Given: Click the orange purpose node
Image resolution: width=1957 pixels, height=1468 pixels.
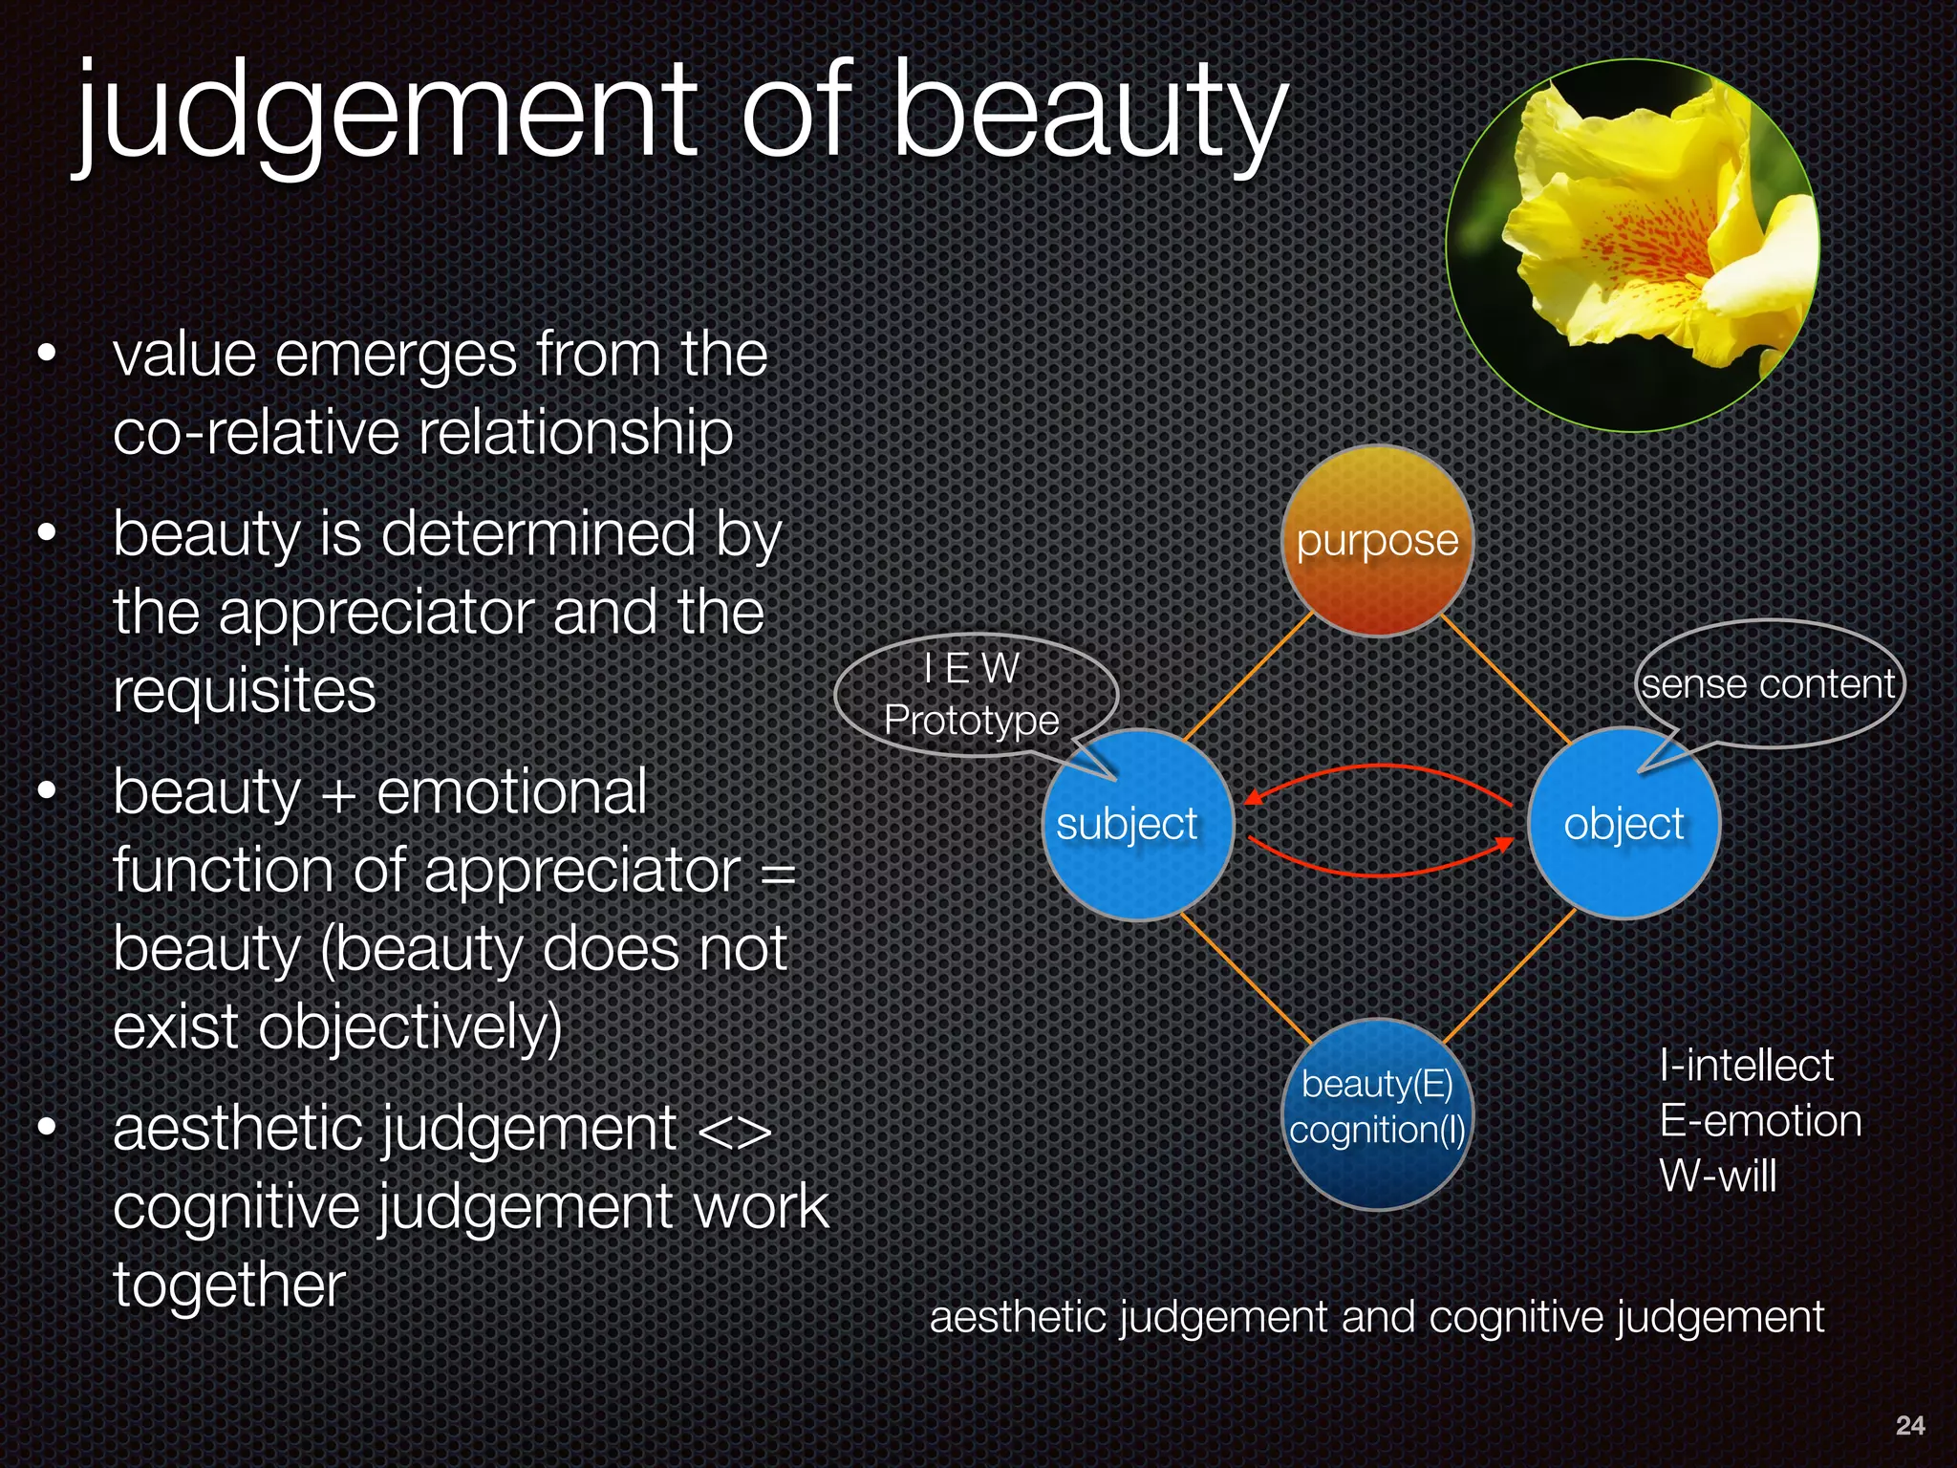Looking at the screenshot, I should [1377, 541].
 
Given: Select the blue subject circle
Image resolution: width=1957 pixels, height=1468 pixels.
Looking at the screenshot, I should [1136, 825].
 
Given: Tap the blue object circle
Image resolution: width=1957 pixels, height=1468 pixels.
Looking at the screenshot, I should [1624, 824].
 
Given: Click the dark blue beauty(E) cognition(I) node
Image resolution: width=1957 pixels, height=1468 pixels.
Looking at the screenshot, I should [1377, 1114].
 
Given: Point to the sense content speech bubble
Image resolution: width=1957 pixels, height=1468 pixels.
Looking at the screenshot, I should [1768, 684].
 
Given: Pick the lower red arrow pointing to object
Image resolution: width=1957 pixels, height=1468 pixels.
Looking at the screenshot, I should [1376, 874].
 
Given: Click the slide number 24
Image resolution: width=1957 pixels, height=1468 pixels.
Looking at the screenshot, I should [1909, 1425].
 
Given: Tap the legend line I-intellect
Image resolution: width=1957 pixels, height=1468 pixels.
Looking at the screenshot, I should [1746, 1066].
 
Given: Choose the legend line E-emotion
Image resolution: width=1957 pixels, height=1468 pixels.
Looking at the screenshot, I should [1760, 1121].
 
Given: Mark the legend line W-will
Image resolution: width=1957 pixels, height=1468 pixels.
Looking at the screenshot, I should [1717, 1176].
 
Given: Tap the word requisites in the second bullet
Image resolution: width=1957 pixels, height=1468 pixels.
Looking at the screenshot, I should [245, 691].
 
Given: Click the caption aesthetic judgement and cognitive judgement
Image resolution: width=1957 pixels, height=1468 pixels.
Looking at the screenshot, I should [1376, 1317].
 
